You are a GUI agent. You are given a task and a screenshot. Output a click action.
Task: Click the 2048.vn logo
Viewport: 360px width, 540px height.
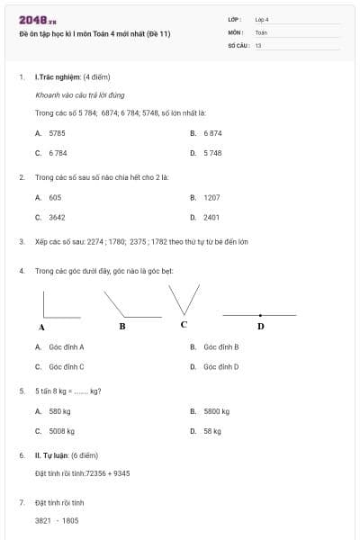pyautogui.click(x=37, y=20)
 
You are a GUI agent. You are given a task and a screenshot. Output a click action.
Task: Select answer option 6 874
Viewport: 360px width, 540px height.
pyautogui.click(x=212, y=132)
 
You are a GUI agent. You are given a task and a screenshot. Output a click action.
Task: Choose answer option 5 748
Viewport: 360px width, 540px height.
pyautogui.click(x=212, y=153)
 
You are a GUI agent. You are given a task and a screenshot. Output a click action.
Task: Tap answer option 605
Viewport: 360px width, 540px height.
pyautogui.click(x=55, y=197)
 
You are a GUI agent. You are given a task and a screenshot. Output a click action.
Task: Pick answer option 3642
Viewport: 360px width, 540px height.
pyautogui.click(x=57, y=217)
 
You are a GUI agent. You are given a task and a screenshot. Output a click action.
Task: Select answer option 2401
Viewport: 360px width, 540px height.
pyautogui.click(x=211, y=217)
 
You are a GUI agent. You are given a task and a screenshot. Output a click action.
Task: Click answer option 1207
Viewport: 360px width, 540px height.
pyautogui.click(x=211, y=197)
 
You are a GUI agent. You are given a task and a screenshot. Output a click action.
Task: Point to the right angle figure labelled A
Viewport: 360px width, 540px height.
pyautogui.click(x=58, y=305)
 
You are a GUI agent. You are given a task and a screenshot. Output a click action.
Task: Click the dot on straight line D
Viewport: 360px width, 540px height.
pyautogui.click(x=260, y=315)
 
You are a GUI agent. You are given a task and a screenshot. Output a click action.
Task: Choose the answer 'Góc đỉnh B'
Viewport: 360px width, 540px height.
pyautogui.click(x=220, y=346)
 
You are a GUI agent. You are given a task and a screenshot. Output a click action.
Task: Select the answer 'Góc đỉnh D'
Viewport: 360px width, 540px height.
pyautogui.click(x=220, y=366)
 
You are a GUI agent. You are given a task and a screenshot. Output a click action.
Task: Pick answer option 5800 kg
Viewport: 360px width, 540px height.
pyautogui.click(x=216, y=411)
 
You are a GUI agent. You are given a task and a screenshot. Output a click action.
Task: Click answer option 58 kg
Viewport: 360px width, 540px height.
pyautogui.click(x=212, y=431)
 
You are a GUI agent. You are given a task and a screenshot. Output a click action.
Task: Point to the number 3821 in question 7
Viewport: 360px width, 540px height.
pyautogui.click(x=43, y=520)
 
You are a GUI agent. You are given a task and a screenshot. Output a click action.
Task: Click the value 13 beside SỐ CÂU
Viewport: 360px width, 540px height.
pyautogui.click(x=258, y=44)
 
